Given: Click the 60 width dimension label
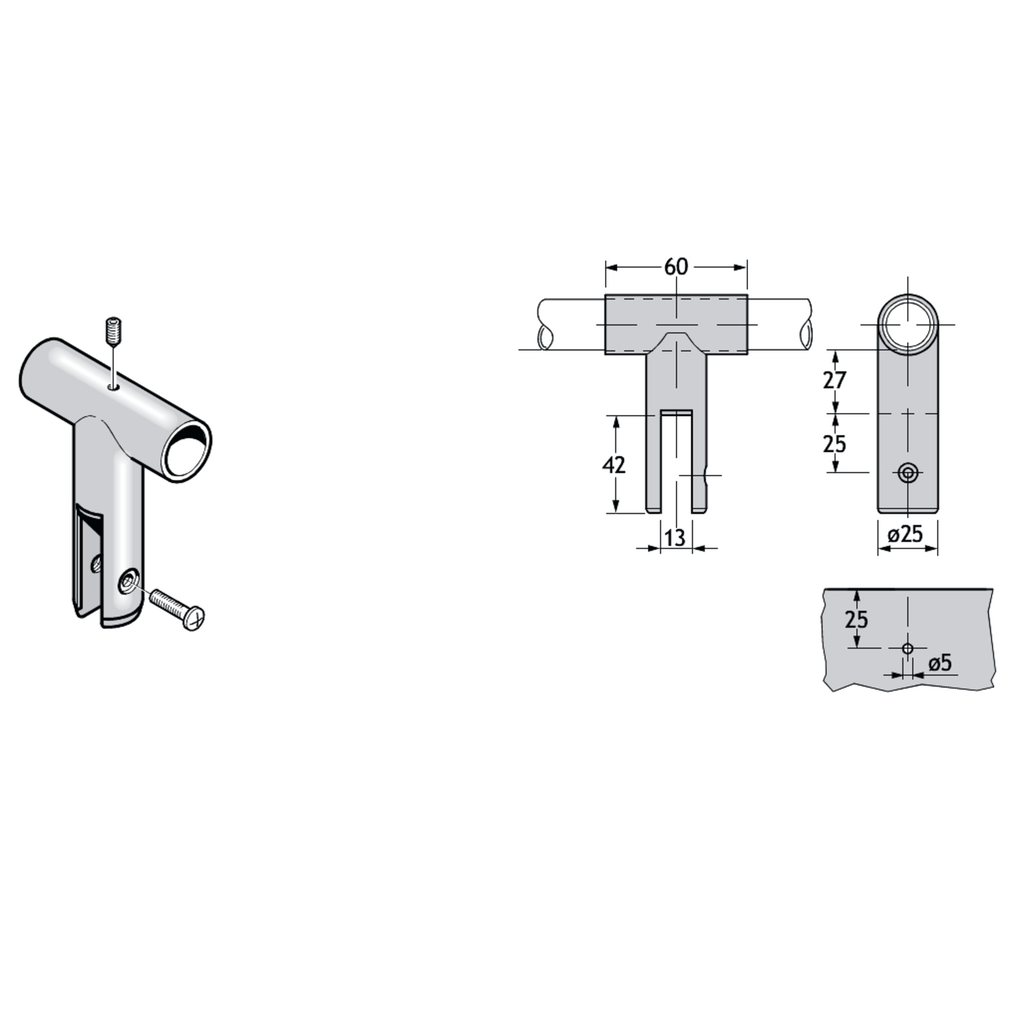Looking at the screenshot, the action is coord(676,267).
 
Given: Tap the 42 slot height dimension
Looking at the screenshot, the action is coord(614,465).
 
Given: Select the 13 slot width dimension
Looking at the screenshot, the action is coord(675,538).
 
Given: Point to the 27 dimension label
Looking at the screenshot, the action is coord(834,380).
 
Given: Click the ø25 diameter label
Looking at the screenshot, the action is coord(905,534).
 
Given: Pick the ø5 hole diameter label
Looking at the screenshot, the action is coord(940,662).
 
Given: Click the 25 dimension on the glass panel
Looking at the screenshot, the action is coord(856,619).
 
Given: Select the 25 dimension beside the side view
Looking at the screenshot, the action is coord(834,444).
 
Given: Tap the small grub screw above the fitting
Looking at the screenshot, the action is coord(114,331).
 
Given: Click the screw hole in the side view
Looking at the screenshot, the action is coord(907,472).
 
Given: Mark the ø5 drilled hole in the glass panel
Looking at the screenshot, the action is coord(907,648).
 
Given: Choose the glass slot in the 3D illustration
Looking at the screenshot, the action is coord(89,558).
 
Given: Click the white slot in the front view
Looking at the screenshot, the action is coord(675,463).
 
